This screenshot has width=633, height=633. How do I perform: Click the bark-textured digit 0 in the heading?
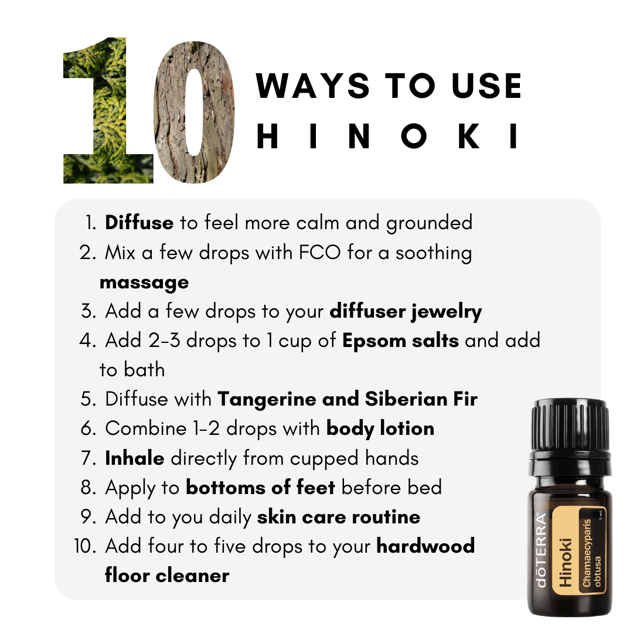(x=194, y=112)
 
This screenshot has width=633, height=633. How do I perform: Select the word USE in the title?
(x=487, y=86)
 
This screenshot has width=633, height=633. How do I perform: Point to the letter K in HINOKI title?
(x=469, y=136)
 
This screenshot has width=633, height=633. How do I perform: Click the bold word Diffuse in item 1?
(x=139, y=223)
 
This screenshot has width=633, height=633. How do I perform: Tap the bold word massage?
(x=144, y=283)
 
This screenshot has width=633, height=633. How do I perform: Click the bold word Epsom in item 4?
(x=374, y=341)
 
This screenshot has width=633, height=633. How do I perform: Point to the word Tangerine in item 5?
(x=267, y=400)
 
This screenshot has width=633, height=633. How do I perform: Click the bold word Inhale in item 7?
(x=134, y=458)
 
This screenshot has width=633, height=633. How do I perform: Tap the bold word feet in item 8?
(x=316, y=487)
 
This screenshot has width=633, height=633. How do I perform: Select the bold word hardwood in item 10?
(x=426, y=546)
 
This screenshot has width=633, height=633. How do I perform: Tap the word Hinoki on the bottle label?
(x=566, y=562)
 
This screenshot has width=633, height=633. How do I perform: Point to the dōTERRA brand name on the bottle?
(x=541, y=550)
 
